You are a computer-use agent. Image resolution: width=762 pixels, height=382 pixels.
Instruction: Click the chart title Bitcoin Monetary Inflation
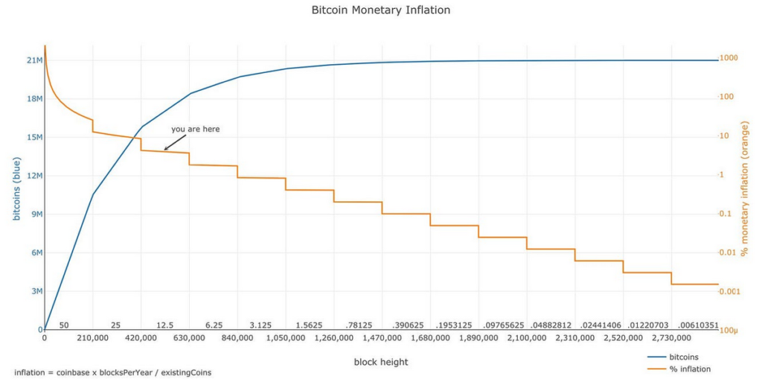coord(380,10)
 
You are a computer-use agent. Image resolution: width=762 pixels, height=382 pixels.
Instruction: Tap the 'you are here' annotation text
coord(196,129)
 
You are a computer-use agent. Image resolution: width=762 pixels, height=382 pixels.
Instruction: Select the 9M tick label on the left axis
coord(34,214)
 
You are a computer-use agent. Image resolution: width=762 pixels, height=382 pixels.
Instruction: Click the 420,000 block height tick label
coord(141,338)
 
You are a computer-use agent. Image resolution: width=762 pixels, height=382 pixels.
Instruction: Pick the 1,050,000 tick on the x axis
coord(285,338)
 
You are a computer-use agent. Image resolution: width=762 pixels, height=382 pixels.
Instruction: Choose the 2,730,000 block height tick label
coord(670,338)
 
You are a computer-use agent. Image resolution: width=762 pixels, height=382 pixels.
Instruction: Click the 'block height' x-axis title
coord(380,362)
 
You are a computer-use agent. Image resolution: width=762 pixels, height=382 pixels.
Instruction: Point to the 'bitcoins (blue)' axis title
coord(16,189)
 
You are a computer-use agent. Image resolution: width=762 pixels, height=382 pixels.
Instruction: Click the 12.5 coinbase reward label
coord(164,325)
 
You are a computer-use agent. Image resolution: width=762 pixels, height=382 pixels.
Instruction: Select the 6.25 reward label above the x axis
coord(214,325)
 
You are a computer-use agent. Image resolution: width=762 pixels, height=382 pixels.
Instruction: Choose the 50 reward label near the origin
coord(64,325)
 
